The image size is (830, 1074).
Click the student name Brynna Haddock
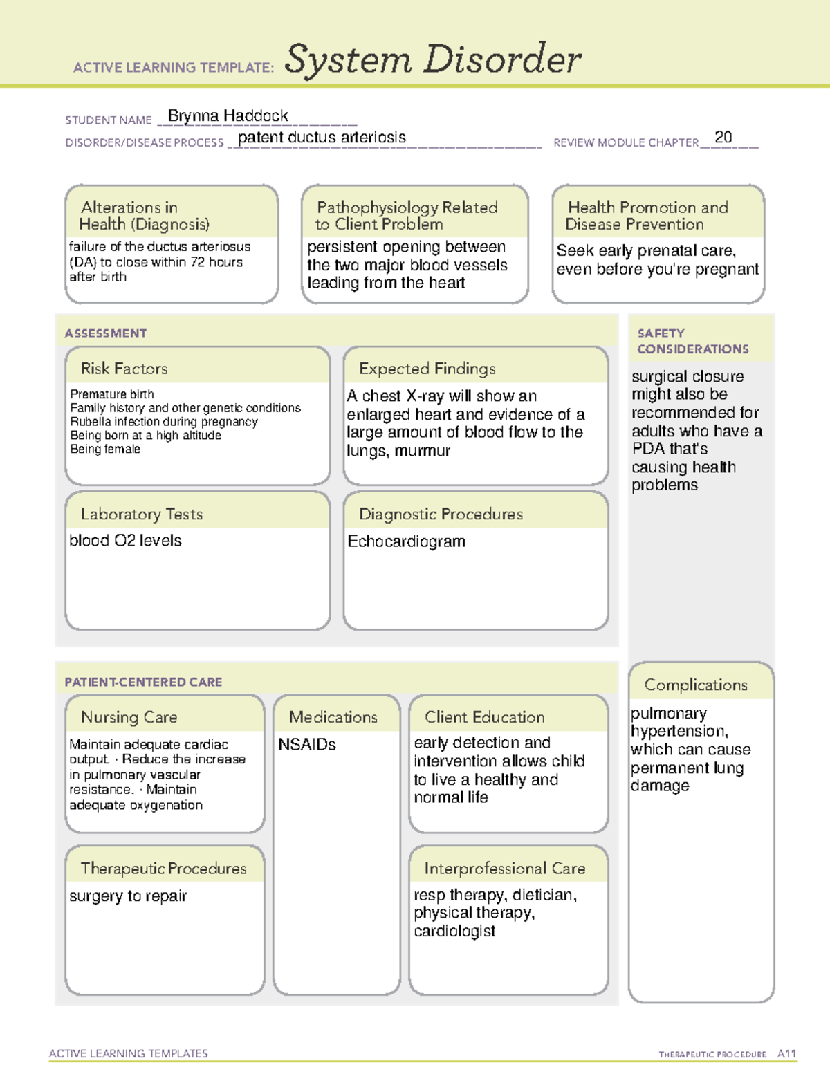pyautogui.click(x=228, y=116)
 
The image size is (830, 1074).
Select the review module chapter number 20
pyautogui.click(x=723, y=138)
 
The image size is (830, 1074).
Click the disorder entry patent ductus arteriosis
pyautogui.click(x=322, y=138)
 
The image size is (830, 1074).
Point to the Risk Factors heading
pyautogui.click(x=124, y=369)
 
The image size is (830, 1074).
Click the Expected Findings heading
pyautogui.click(x=427, y=369)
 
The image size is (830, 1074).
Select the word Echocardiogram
pyautogui.click(x=406, y=541)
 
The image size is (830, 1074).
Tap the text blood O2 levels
pyautogui.click(x=125, y=541)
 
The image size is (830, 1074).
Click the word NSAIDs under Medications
pyautogui.click(x=306, y=745)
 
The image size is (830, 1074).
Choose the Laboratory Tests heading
pyautogui.click(x=141, y=514)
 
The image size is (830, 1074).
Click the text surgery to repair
pyautogui.click(x=128, y=896)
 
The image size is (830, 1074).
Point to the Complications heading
pyautogui.click(x=695, y=685)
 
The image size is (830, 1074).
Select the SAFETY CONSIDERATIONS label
pyautogui.click(x=692, y=341)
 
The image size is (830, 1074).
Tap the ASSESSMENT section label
pyautogui.click(x=105, y=333)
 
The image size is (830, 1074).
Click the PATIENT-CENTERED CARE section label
pyautogui.click(x=143, y=682)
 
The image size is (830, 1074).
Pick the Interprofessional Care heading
pyautogui.click(x=504, y=869)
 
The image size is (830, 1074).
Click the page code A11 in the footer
pyautogui.click(x=786, y=1054)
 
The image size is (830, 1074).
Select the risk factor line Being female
pyautogui.click(x=105, y=450)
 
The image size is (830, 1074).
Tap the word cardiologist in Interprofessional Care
pyautogui.click(x=454, y=932)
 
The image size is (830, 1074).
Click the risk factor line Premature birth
pyautogui.click(x=111, y=394)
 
